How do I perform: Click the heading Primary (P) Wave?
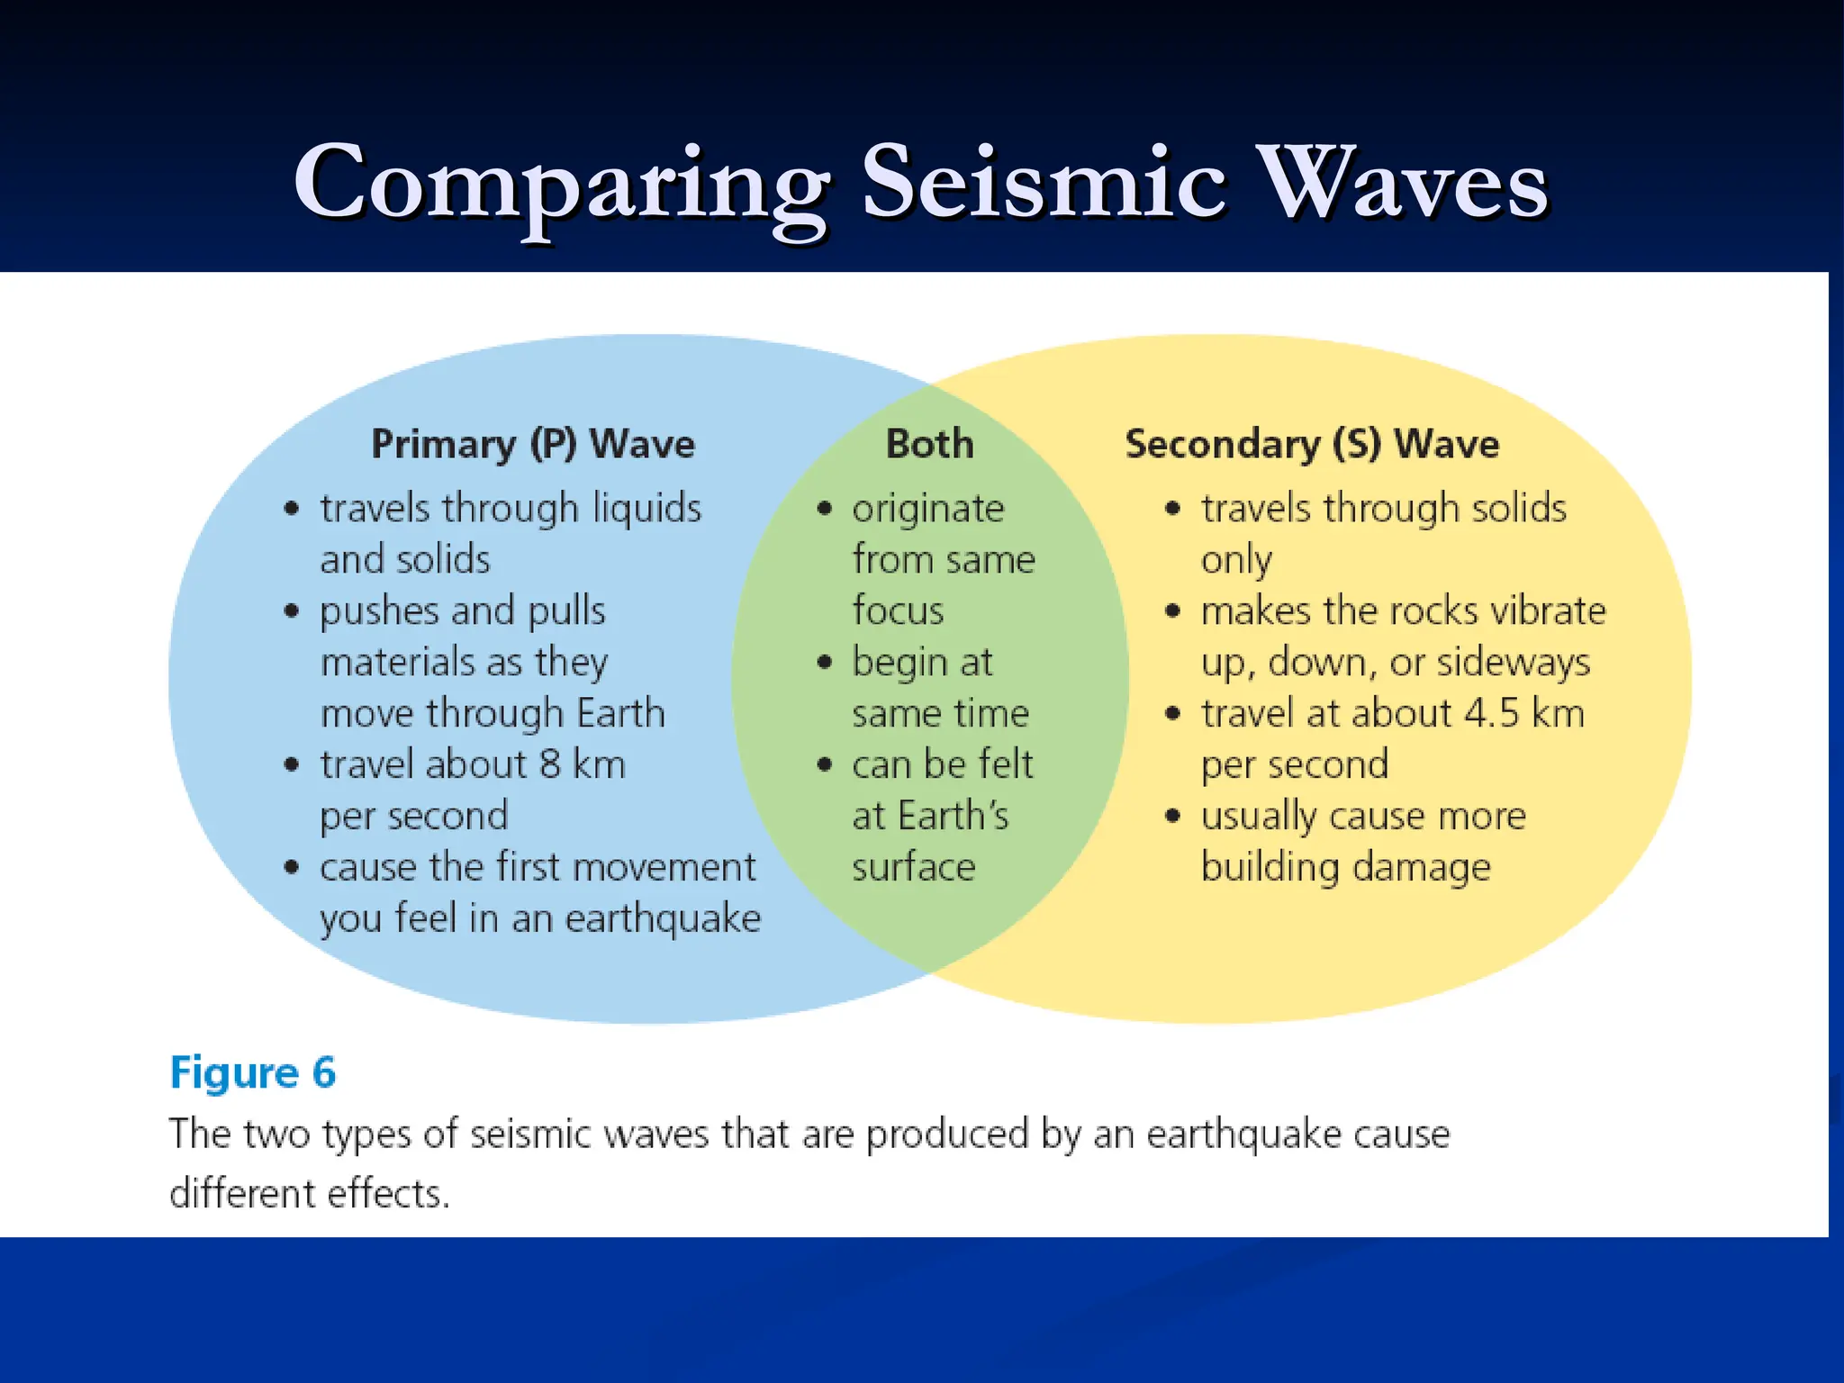tap(533, 444)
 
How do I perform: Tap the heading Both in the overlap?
tap(930, 444)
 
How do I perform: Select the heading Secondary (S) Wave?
tap(1312, 444)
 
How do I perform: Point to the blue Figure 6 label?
tap(253, 1072)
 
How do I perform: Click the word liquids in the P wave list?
tap(646, 509)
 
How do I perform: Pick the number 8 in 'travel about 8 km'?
tap(550, 764)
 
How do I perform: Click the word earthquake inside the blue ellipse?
tap(663, 919)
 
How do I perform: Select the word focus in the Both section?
tap(898, 610)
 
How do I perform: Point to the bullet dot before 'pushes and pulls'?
tap(291, 611)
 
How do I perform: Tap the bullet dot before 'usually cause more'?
tap(1172, 816)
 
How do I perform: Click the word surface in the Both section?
tap(914, 867)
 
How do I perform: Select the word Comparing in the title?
tap(561, 185)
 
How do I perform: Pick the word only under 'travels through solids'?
tap(1236, 561)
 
